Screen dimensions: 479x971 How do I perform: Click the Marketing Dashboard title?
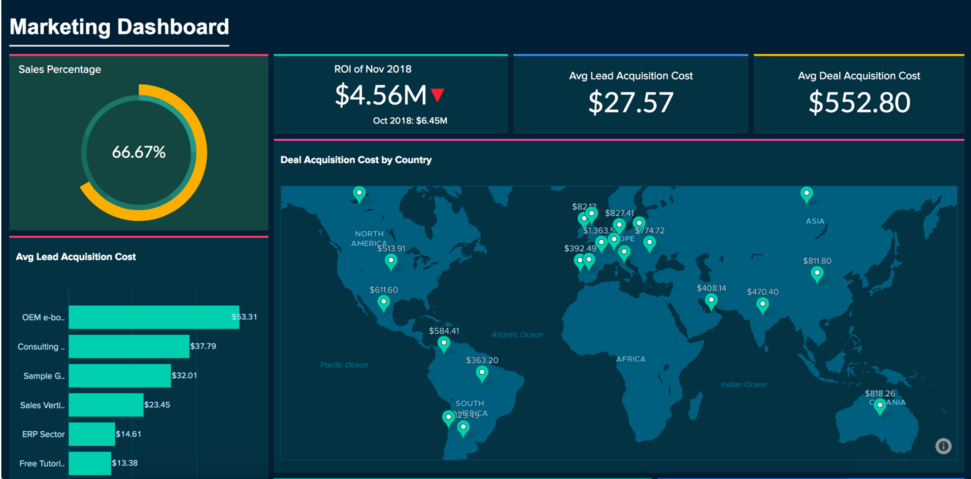(x=119, y=27)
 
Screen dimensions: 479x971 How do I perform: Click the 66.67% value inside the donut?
(x=139, y=153)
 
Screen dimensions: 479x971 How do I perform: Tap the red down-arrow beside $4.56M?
(x=438, y=95)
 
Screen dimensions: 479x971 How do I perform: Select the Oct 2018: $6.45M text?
(x=410, y=121)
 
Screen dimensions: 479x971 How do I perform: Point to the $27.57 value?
(x=630, y=102)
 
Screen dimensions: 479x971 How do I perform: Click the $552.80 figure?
(x=859, y=102)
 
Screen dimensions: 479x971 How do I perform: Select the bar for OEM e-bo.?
(x=154, y=317)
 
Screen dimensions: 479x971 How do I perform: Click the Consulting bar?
(x=129, y=346)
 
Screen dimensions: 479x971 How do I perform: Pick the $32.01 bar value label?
(x=185, y=375)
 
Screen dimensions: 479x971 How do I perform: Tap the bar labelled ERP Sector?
(x=92, y=434)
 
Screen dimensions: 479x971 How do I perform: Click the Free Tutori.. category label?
(x=42, y=464)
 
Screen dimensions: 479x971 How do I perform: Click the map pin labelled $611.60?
(x=384, y=303)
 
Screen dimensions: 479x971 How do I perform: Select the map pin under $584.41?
(x=444, y=344)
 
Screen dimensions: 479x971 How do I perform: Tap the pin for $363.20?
(x=482, y=373)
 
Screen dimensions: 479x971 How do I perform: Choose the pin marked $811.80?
(x=817, y=274)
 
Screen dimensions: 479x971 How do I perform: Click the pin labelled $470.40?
(x=762, y=305)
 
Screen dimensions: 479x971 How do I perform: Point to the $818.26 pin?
(x=879, y=406)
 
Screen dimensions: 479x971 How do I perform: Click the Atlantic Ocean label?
(x=516, y=335)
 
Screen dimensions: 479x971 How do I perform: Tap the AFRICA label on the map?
(x=630, y=359)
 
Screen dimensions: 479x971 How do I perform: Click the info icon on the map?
(x=943, y=446)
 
